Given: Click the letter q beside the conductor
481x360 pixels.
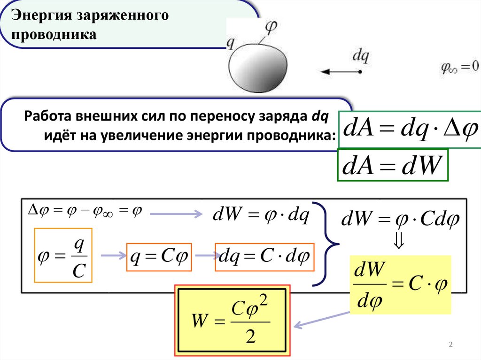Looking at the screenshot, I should [x=231, y=43].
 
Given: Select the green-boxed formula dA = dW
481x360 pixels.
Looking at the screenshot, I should [x=393, y=165].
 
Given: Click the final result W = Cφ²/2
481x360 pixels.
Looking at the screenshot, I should [x=233, y=320].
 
